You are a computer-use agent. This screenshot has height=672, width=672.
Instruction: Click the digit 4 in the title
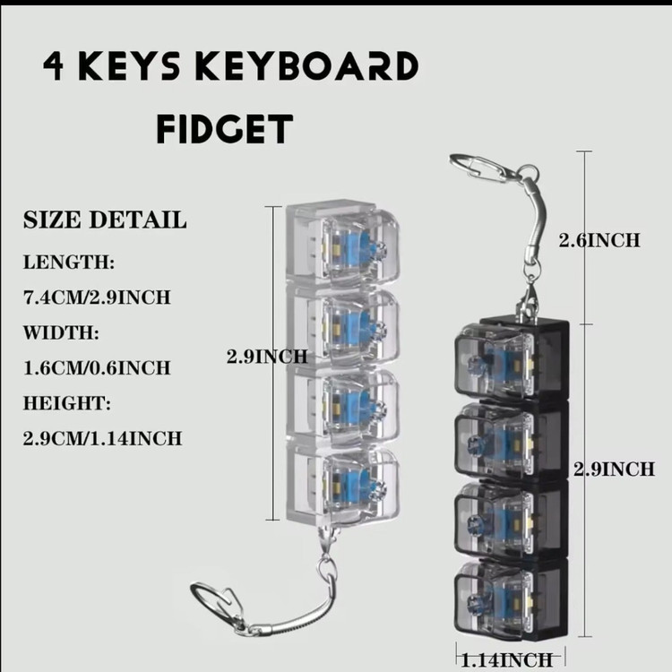click(55, 66)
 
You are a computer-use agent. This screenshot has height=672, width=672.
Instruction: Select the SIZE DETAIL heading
click(104, 220)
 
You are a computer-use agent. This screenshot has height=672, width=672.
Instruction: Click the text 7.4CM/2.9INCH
click(97, 297)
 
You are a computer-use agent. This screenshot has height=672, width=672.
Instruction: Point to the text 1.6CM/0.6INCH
click(97, 367)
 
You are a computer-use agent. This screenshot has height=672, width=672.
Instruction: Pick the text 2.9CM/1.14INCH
click(103, 438)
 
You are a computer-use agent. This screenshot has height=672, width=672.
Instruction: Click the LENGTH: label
click(69, 263)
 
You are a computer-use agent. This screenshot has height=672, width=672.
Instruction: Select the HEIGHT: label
click(68, 403)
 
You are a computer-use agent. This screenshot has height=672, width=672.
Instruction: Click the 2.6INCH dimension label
click(599, 239)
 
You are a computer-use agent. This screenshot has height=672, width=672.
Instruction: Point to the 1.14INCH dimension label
click(506, 660)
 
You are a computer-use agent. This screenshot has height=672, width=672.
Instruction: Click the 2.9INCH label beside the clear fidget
click(266, 356)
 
